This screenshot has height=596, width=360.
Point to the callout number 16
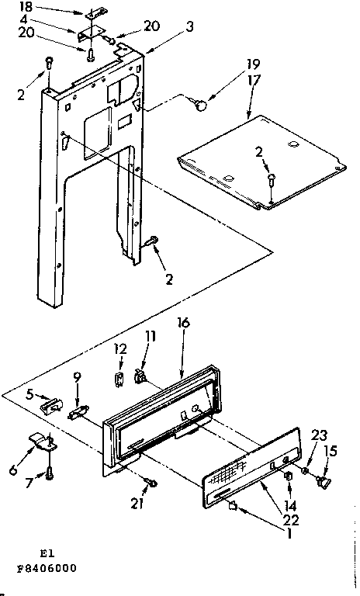[183, 319]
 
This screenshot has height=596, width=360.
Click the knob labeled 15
[324, 483]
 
